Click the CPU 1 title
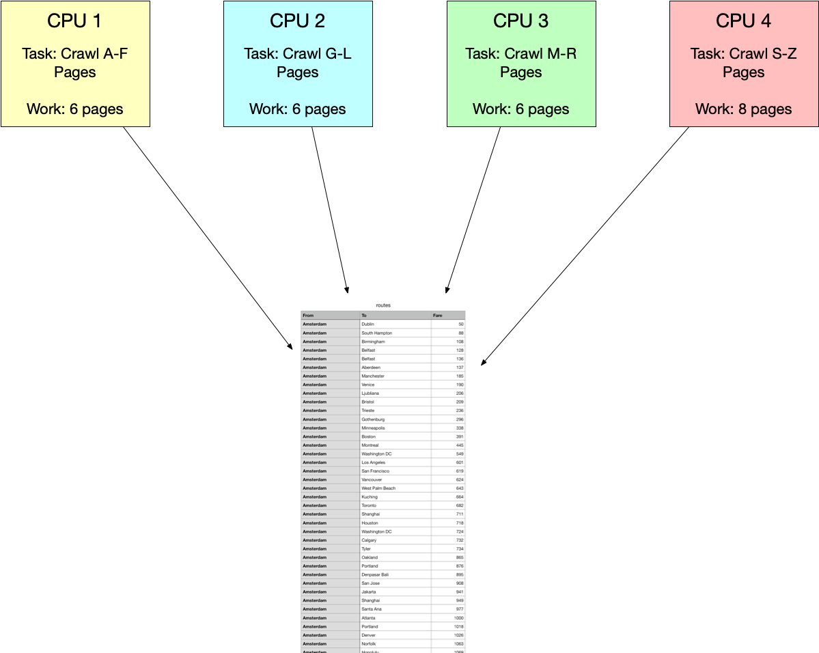[x=74, y=21]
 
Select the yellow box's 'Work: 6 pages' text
[x=75, y=109]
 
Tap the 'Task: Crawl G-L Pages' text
[x=298, y=62]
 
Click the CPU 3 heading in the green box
[x=520, y=21]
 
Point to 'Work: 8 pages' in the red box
[x=743, y=109]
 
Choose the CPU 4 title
[x=743, y=21]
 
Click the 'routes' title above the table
[x=383, y=305]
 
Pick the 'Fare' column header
[x=438, y=316]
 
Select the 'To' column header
[x=363, y=316]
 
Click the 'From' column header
[x=309, y=316]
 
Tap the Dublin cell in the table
[x=367, y=324]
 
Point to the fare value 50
[x=461, y=324]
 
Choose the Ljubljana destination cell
[x=370, y=393]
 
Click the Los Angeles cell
[x=373, y=462]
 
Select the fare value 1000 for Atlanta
[x=458, y=617]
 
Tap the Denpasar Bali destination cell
[x=375, y=574]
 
